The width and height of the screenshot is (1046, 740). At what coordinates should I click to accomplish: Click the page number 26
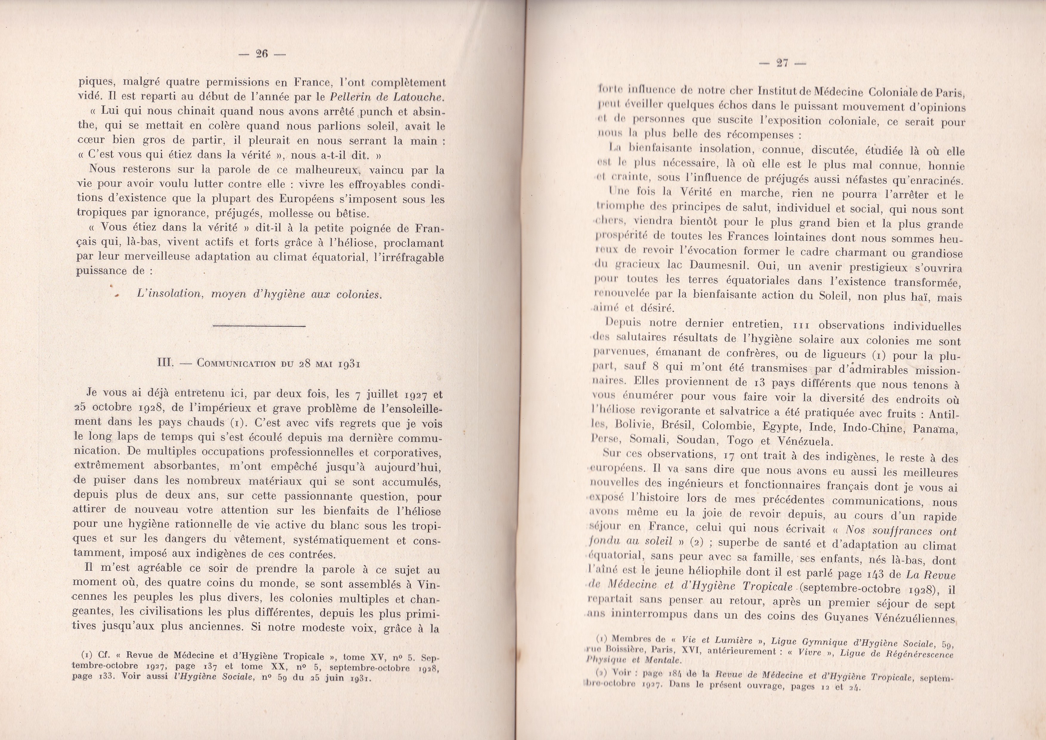click(x=262, y=54)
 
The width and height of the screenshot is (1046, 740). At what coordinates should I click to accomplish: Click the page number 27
click(x=782, y=63)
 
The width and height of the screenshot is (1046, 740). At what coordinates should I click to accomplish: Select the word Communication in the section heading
click(x=236, y=364)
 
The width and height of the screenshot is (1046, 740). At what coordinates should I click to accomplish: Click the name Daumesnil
click(x=720, y=265)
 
